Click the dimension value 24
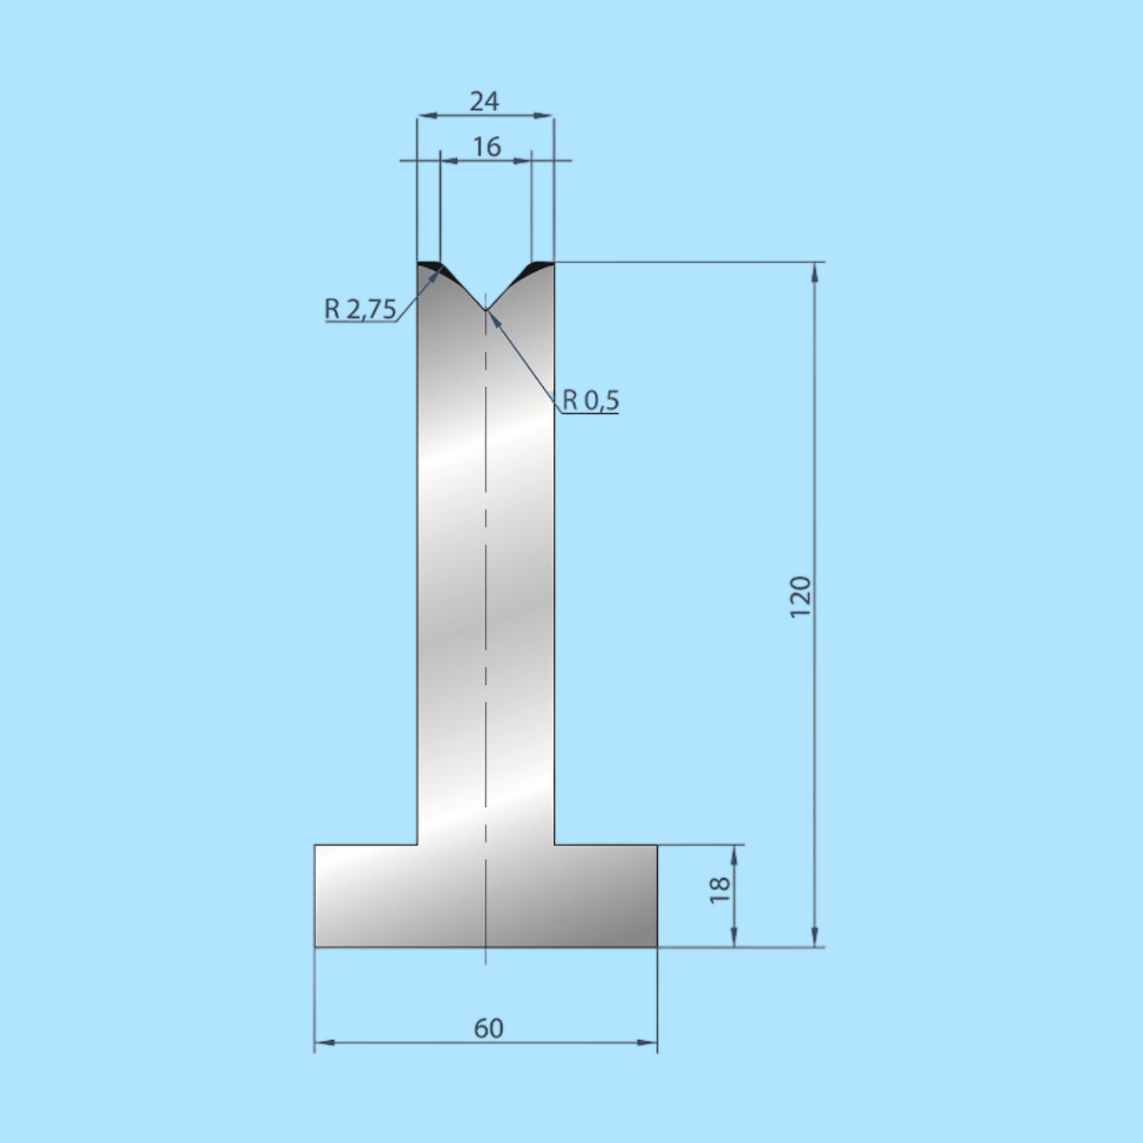coord(484,101)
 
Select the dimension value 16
coord(487,146)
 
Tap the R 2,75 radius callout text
coord(360,309)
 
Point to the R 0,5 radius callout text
coord(591,400)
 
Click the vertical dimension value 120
coord(800,597)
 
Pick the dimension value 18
coord(720,890)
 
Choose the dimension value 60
coord(488,1028)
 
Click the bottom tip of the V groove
coord(486,310)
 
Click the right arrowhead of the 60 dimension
coord(647,1043)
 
